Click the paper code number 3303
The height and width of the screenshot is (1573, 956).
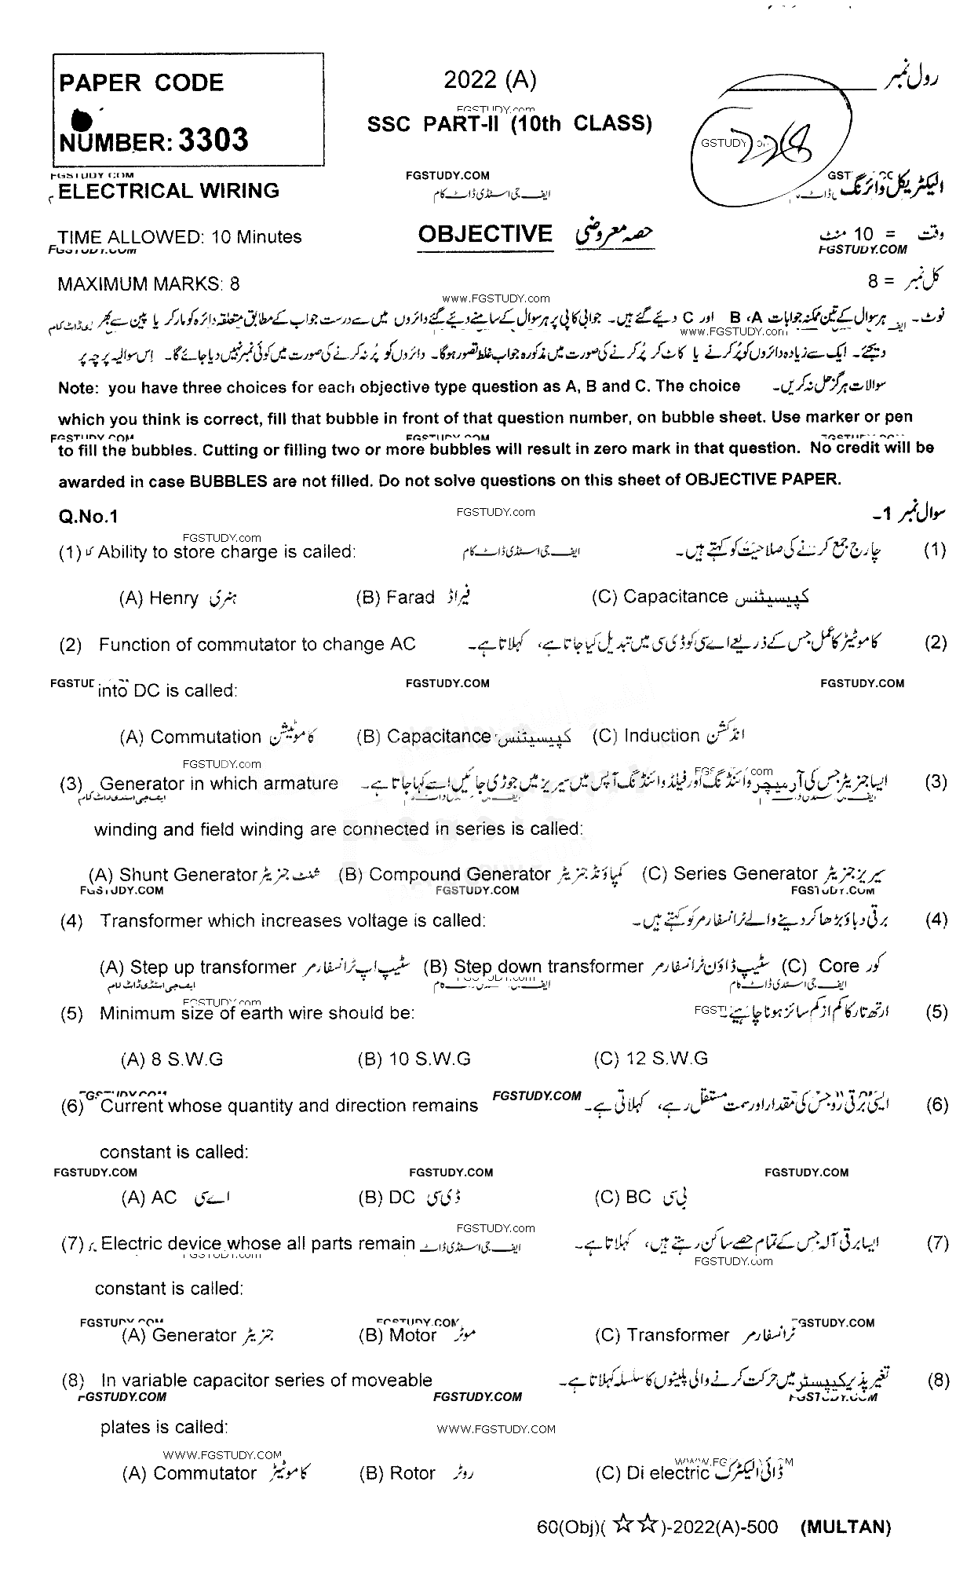pyautogui.click(x=213, y=141)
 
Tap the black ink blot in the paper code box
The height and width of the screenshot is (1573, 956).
pyautogui.click(x=82, y=119)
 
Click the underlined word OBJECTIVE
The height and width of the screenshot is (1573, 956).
pyautogui.click(x=485, y=234)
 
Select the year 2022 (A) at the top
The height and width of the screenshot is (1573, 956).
pyautogui.click(x=490, y=79)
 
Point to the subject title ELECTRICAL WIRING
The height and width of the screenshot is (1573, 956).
pyautogui.click(x=169, y=191)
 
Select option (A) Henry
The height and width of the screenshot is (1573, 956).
pyautogui.click(x=159, y=598)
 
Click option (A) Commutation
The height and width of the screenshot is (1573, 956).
pyautogui.click(x=190, y=737)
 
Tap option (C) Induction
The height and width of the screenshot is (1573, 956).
pyautogui.click(x=646, y=736)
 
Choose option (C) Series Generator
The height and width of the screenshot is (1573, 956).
pyautogui.click(x=730, y=873)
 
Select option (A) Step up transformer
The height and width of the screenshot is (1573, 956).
pyautogui.click(x=199, y=967)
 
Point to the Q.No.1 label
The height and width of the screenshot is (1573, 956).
pyautogui.click(x=88, y=516)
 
